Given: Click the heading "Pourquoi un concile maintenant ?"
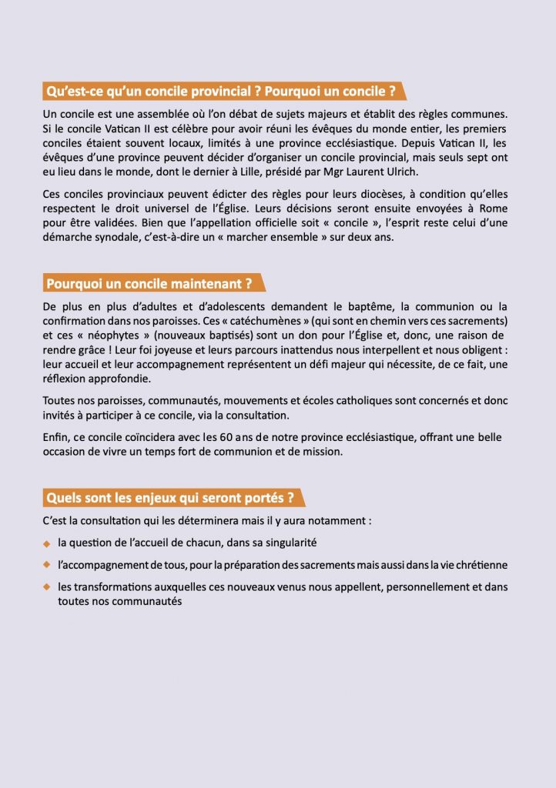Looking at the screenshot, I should (149, 283).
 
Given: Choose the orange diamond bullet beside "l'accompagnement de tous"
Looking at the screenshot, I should (47, 566).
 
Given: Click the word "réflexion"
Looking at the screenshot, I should (68, 379).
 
